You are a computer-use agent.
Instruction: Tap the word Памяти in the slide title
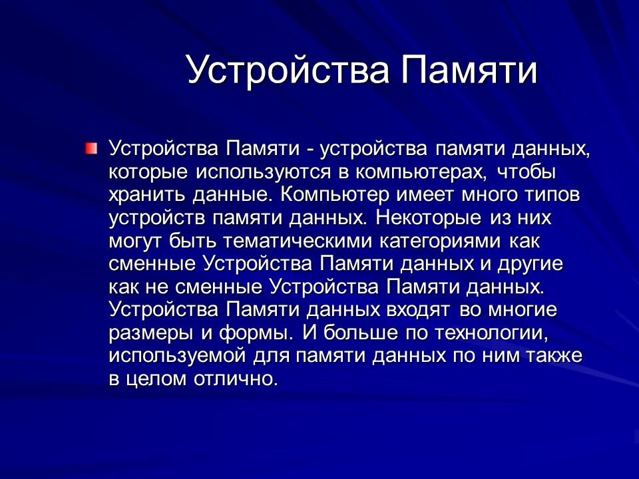click(468, 70)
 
